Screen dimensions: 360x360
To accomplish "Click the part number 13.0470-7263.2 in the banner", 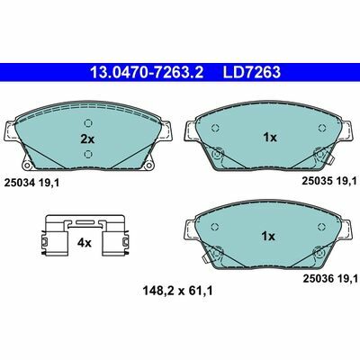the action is coord(147,72).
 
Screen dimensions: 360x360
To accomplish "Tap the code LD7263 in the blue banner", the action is coord(251,72).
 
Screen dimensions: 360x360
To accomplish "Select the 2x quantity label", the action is coord(87,139).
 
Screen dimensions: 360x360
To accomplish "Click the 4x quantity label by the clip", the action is coord(84,243).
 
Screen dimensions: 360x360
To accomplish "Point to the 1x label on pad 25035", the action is coord(269,138).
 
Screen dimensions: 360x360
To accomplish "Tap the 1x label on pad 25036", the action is coord(268,237).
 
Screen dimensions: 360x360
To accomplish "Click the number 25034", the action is coord(20,182).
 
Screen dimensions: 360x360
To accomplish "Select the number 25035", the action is coord(318,181).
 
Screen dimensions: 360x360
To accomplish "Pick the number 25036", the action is coord(319,279).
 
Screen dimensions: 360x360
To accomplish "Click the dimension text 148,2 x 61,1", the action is coord(177,291).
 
